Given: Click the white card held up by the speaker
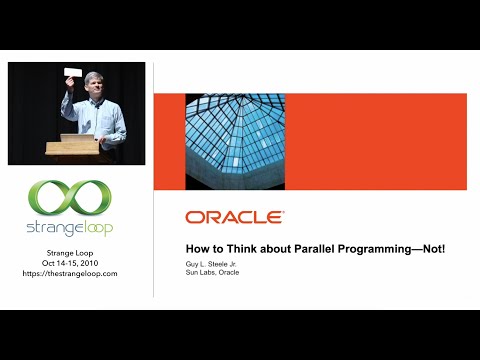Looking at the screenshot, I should pos(73,71).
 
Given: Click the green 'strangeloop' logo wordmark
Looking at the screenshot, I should pos(69,227).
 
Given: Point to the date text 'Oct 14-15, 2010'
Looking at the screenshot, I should pos(69,262).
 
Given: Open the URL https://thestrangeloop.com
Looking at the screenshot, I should pos(69,273).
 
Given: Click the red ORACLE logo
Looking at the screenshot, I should pos(234,216).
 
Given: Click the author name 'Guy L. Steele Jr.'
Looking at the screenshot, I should pos(214,263).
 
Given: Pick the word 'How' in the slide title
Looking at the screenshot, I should pos(197,249).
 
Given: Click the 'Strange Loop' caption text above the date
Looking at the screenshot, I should pos(69,251).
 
